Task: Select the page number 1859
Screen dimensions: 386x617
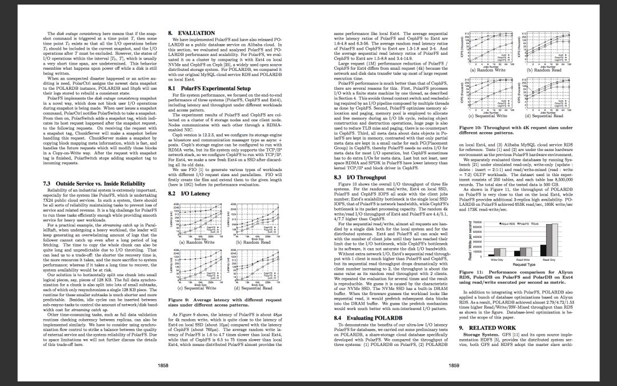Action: pos(454,364)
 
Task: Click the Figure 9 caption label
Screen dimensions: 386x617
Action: pos(182,300)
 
